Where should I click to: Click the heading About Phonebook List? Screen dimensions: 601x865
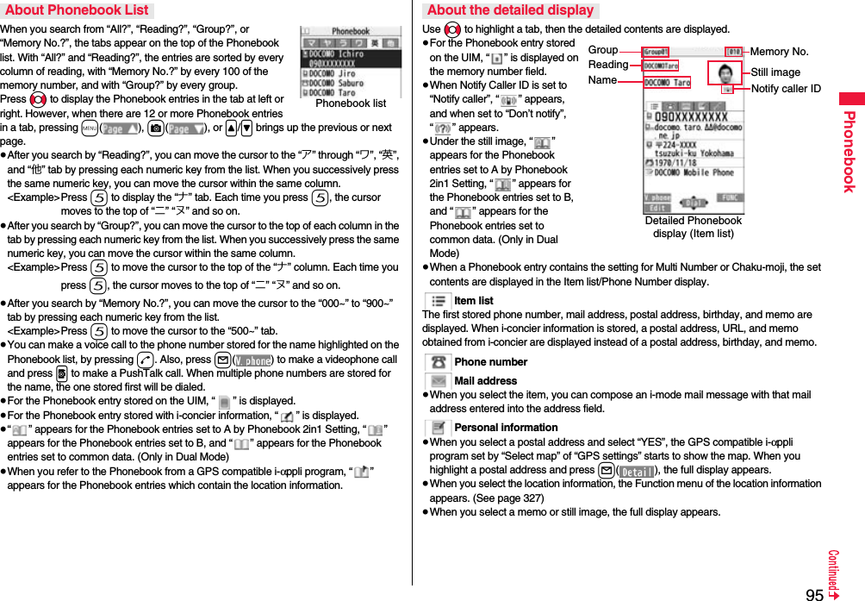coord(77,10)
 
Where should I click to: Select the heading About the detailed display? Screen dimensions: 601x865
coord(510,10)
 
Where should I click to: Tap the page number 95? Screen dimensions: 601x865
coord(814,594)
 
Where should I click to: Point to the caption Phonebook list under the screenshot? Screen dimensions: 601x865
coord(351,103)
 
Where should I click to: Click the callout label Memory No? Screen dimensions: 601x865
coord(779,52)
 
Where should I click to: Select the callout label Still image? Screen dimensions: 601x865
coord(775,72)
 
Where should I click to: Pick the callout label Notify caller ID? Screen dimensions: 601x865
coord(785,89)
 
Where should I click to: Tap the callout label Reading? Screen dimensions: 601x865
coord(607,65)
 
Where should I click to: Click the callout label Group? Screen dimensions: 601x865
coord(602,51)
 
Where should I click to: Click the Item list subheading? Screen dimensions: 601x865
coord(473,301)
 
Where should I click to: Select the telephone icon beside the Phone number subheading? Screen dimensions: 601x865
coord(439,362)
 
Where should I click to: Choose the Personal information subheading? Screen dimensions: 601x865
coord(506,428)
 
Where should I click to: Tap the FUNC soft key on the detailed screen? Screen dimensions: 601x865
coord(730,197)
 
